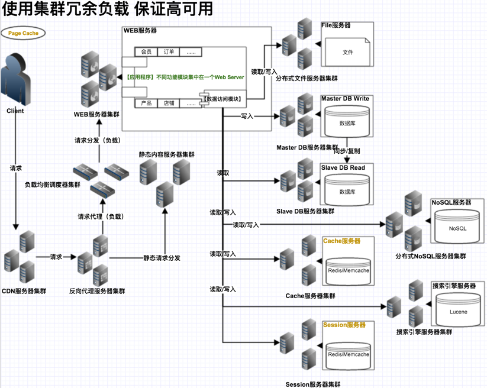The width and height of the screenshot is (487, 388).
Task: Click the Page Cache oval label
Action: (23, 33)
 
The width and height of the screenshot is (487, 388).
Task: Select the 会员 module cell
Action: (146, 52)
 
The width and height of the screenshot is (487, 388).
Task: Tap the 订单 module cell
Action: (169, 52)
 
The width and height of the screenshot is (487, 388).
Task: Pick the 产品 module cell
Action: (146, 104)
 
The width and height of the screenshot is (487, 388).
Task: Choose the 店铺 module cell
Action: (169, 104)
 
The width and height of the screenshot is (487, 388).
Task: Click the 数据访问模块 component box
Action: (222, 99)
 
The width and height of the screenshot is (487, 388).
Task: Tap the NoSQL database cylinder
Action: (457, 227)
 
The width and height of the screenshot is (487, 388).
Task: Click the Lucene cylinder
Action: (458, 311)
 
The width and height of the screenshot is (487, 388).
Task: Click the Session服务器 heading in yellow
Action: (344, 325)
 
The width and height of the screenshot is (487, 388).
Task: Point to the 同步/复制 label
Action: (346, 151)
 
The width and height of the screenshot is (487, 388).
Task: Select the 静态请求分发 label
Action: (162, 258)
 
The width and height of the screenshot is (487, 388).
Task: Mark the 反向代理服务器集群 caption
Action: (97, 291)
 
